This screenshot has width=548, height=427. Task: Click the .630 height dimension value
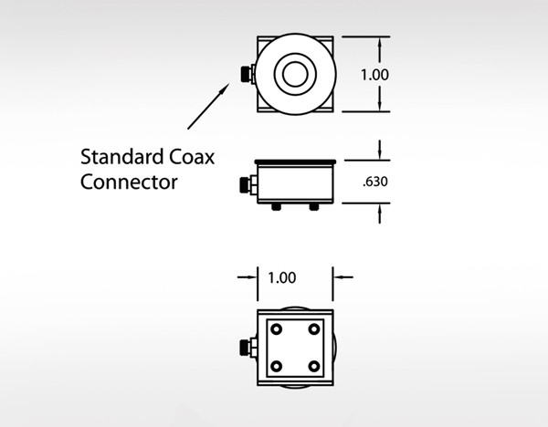[375, 182]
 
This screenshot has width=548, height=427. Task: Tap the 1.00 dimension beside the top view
[374, 75]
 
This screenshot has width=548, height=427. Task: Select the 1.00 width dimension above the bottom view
[282, 278]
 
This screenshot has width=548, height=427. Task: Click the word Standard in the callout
[122, 156]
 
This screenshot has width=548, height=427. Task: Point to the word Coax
[192, 157]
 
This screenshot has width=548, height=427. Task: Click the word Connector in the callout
[129, 182]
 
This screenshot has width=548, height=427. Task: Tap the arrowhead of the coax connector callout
[225, 88]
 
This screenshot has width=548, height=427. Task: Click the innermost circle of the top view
[295, 74]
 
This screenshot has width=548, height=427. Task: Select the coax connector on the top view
[248, 74]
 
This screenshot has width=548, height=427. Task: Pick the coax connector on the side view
[248, 185]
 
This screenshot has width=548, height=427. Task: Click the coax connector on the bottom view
[248, 348]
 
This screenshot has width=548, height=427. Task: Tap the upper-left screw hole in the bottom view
[276, 328]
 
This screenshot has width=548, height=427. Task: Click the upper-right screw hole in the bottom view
[314, 328]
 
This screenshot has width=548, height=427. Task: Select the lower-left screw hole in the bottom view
[276, 367]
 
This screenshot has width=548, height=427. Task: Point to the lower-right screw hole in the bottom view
[314, 367]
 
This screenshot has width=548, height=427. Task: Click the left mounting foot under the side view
[276, 207]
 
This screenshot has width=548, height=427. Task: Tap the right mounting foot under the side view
[314, 207]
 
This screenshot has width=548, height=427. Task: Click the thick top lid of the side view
[295, 162]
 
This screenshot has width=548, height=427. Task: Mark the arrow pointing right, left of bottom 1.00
[248, 277]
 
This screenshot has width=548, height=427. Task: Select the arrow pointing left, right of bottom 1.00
[342, 277]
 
